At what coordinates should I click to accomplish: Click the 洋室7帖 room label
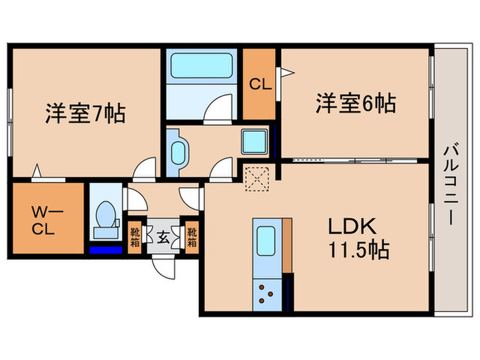tap(85, 113)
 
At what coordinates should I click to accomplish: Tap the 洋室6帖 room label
tap(355, 104)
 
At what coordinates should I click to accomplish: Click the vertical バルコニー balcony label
tap(453, 185)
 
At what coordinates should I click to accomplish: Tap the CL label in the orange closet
tap(259, 86)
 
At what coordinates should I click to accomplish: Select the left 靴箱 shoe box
tap(135, 237)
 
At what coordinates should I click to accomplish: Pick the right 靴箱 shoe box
tap(193, 237)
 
